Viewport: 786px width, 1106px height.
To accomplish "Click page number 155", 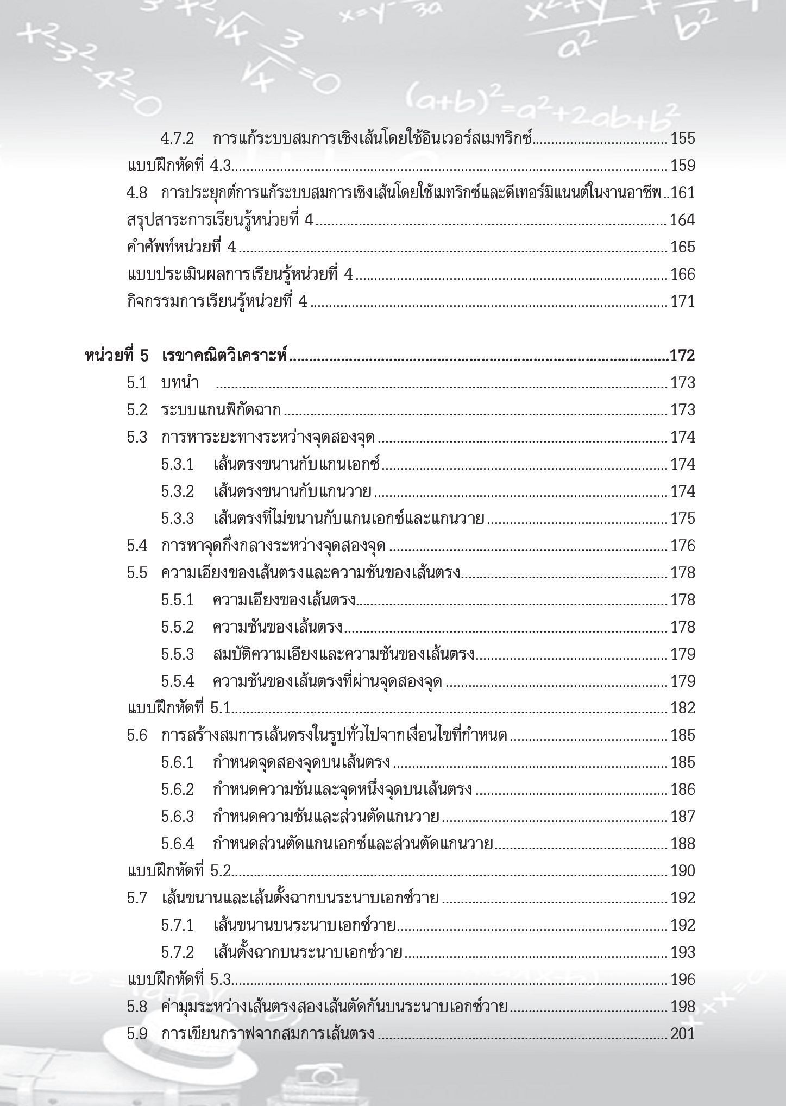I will coord(683,138).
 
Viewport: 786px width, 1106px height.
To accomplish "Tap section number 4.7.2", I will coord(177,138).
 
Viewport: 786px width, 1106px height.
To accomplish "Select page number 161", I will coord(683,193).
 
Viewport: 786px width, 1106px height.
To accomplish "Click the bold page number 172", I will coord(682,356).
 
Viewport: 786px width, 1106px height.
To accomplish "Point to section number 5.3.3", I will coord(177,519).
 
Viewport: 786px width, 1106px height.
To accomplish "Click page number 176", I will coord(683,546).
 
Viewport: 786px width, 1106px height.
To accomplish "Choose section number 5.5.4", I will coord(177,681).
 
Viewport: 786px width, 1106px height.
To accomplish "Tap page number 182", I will coord(683,708).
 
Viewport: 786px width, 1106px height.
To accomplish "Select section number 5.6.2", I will coord(177,789).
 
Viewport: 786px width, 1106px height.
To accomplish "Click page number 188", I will coord(683,844).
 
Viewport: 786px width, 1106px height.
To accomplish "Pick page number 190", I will coord(683,871).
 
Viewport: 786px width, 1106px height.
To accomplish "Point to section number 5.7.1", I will coord(177,925).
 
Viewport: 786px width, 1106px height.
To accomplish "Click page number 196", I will coord(683,979).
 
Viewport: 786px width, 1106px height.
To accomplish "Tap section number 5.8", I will coord(137,1007).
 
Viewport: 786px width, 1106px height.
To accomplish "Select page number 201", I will coord(683,1034).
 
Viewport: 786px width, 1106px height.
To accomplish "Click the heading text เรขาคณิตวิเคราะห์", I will coord(224,356).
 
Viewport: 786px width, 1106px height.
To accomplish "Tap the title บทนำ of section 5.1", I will coord(180,383).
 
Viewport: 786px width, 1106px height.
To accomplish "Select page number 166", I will coord(683,274).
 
